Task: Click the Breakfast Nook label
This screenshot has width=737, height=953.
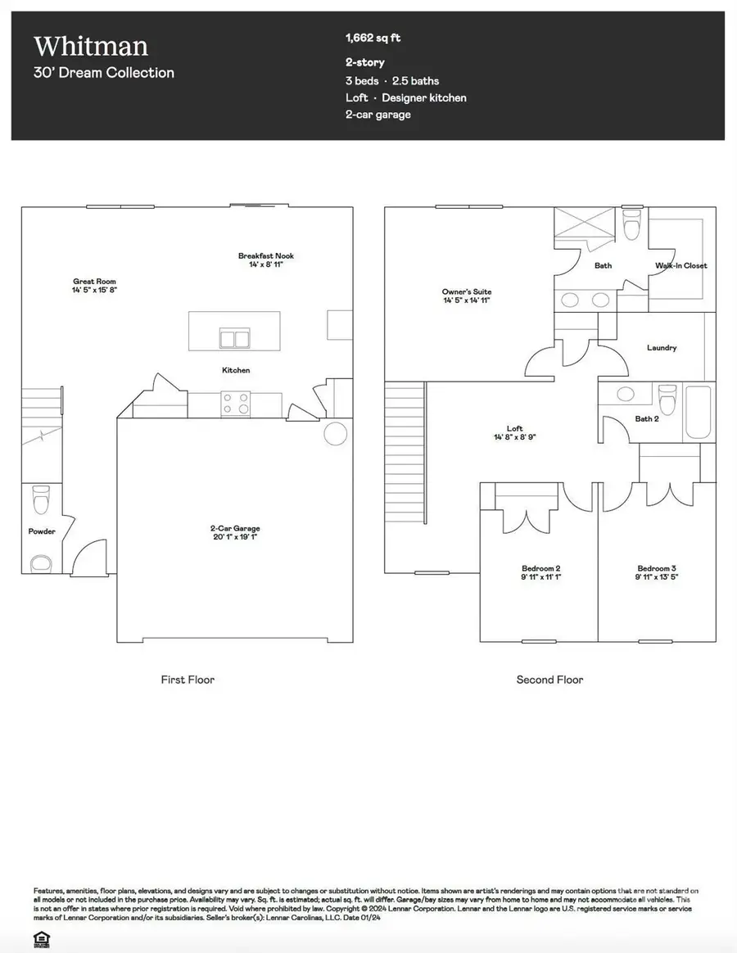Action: click(265, 256)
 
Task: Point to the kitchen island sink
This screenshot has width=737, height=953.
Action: click(234, 337)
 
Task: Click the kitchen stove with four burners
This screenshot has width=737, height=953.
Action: click(237, 404)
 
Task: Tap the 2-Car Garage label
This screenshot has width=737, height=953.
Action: click(235, 529)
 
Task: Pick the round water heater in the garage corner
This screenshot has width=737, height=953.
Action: click(336, 432)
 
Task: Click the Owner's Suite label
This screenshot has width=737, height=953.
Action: click(467, 291)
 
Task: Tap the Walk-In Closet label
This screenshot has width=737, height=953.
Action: click(680, 265)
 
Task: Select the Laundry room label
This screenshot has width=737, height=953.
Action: click(662, 348)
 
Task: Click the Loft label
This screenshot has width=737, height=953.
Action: click(514, 428)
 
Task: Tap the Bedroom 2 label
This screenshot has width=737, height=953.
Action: click(540, 568)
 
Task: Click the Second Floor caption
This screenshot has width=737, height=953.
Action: click(549, 680)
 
